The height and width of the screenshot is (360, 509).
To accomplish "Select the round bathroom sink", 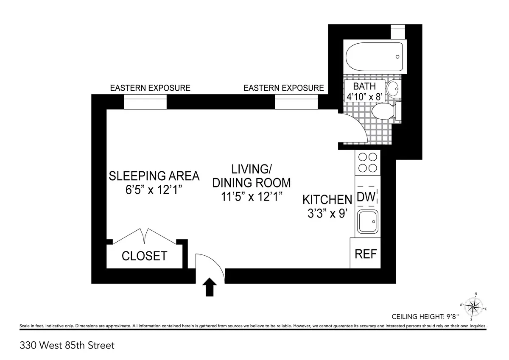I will tap(393, 89).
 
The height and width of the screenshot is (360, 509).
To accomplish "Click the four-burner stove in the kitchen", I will tap(367, 162).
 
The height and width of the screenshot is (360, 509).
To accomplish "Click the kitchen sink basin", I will tap(367, 222).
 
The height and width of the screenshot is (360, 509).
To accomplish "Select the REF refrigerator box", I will tap(365, 254).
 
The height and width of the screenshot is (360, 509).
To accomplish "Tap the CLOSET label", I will tap(144, 256).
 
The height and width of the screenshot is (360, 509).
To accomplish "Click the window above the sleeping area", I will tap(145, 102).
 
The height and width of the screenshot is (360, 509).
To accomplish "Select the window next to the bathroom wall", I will tap(296, 102).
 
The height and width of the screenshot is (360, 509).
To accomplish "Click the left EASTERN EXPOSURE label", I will tap(150, 88).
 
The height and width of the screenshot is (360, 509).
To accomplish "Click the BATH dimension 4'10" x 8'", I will tap(365, 97).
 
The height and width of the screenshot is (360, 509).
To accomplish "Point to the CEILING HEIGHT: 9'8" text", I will tap(429, 316).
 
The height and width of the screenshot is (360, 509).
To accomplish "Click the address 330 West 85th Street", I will tap(67, 346).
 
